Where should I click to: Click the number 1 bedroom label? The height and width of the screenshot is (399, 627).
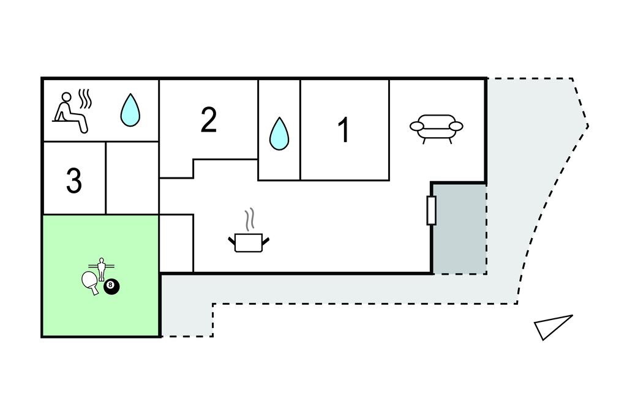coord(344,130)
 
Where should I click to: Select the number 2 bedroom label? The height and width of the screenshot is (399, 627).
coord(209,120)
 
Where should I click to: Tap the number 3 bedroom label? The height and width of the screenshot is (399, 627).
coord(73,181)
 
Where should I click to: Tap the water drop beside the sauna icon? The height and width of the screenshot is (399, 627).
coord(130,110)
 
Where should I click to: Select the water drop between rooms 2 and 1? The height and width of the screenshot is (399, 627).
coord(279,133)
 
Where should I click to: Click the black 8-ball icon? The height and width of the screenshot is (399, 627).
coord(111,286)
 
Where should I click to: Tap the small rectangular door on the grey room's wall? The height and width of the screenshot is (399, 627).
coord(431,211)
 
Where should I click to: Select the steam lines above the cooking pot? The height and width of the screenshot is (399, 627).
coord(249,218)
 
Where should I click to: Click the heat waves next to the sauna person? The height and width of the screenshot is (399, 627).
coord(86,99)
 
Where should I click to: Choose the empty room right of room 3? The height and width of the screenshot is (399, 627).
coord(132,177)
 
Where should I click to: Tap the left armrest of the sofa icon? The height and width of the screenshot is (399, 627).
coord(417,127)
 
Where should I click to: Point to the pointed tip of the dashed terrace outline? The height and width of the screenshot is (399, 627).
coord(588,126)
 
